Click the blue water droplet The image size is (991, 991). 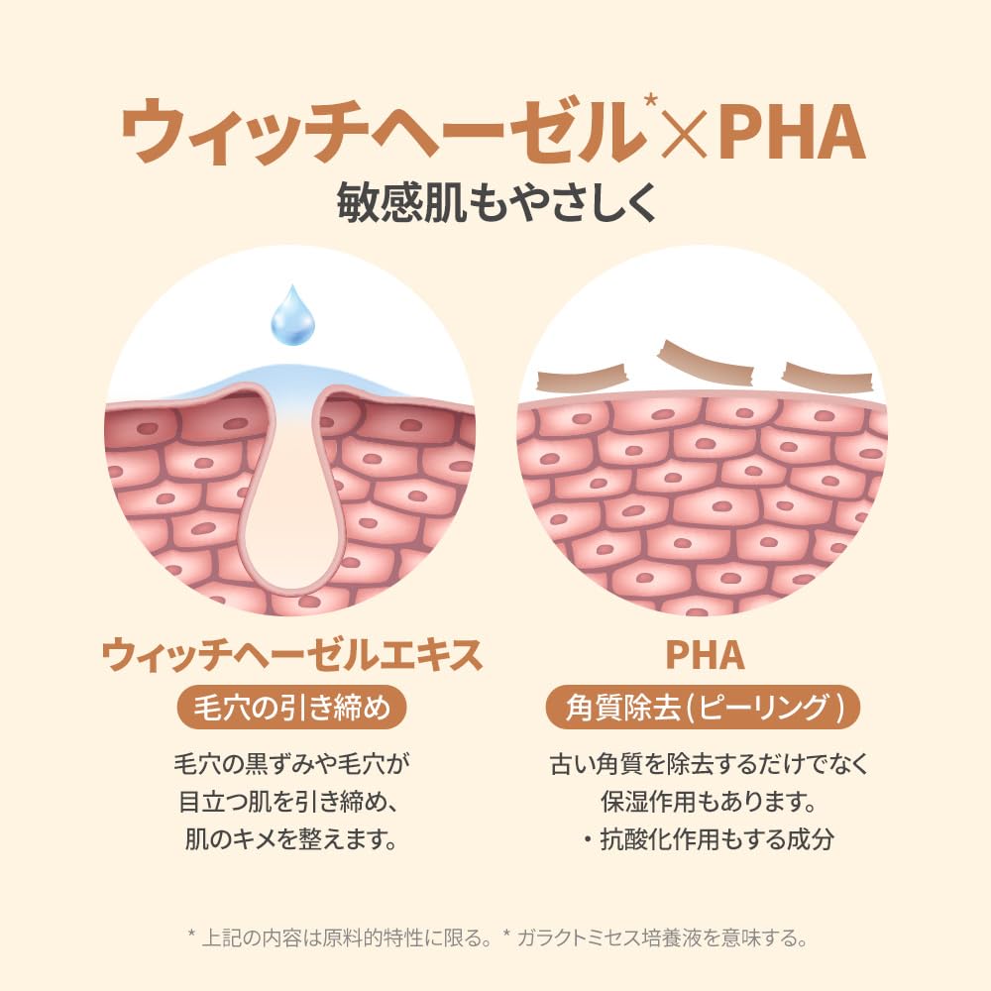(292, 316)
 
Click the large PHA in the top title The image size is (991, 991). (792, 132)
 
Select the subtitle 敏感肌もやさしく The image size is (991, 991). (495, 203)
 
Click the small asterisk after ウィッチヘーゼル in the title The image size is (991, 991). (650, 101)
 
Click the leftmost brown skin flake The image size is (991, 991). (581, 380)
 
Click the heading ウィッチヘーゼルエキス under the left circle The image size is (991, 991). (292, 655)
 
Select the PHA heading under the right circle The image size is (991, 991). (705, 655)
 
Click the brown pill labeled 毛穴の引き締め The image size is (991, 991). (291, 707)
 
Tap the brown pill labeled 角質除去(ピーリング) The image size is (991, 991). (703, 707)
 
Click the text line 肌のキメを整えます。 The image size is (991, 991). (291, 839)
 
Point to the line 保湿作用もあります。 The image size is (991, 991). (708, 802)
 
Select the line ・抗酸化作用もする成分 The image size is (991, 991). (708, 839)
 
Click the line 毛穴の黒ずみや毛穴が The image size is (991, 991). (291, 764)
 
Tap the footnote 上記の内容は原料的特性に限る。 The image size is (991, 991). (346, 937)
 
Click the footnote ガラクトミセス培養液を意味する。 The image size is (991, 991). (662, 937)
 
